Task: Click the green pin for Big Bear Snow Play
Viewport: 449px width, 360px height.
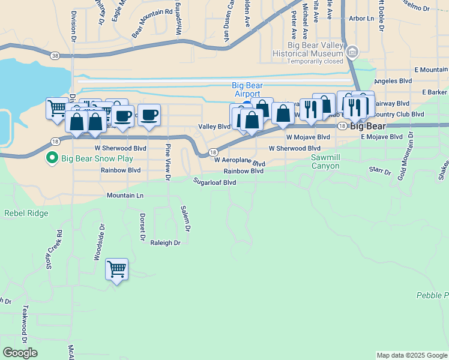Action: pyautogui.click(x=52, y=158)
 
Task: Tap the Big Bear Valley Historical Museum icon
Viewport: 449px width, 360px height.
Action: pyautogui.click(x=352, y=52)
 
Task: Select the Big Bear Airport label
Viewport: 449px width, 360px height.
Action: pyautogui.click(x=247, y=90)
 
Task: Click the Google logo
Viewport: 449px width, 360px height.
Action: pyautogui.click(x=20, y=353)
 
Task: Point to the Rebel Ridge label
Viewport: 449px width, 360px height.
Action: pyautogui.click(x=26, y=213)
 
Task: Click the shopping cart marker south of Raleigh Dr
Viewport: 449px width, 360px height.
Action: pyautogui.click(x=116, y=269)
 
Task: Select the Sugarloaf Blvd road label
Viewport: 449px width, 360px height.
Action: pyautogui.click(x=214, y=182)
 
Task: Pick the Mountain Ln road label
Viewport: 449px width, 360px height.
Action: pyautogui.click(x=125, y=196)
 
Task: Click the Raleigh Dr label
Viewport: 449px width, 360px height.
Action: pyautogui.click(x=165, y=243)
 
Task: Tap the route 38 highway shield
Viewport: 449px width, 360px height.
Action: pyautogui.click(x=55, y=56)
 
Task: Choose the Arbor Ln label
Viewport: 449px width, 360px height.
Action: pyautogui.click(x=362, y=19)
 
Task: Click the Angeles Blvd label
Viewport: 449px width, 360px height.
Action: pyautogui.click(x=393, y=81)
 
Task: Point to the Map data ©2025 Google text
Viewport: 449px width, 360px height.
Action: pyautogui.click(x=411, y=355)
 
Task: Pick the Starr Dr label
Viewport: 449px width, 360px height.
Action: pyautogui.click(x=380, y=171)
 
